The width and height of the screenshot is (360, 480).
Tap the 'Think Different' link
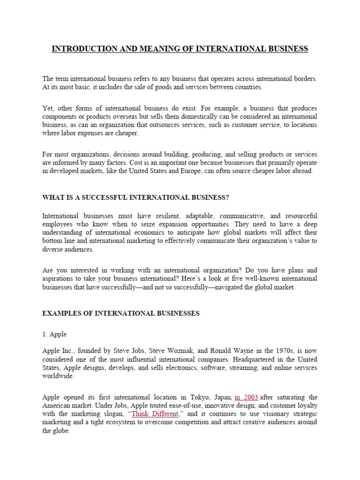156,414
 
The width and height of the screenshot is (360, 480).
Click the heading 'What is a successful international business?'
135,197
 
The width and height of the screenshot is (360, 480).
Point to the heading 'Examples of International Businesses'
120,313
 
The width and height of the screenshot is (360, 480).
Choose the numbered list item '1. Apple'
54,334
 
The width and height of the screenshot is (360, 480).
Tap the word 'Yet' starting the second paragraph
47,108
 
